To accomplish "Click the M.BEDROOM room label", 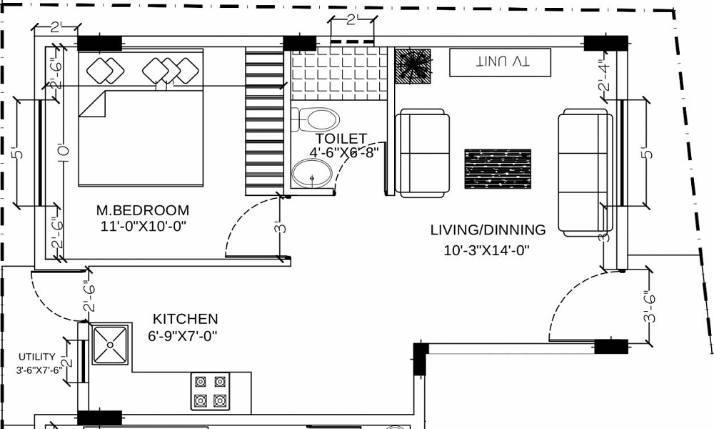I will (x=143, y=210).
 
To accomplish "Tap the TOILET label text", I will (x=341, y=138).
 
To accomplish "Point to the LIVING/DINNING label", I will (x=488, y=230).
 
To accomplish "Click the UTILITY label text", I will (x=37, y=356).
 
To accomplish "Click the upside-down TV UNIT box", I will (x=501, y=63).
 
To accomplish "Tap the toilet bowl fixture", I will (x=316, y=118).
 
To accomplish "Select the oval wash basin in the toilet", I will (x=312, y=174).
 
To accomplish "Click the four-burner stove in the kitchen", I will (x=210, y=391).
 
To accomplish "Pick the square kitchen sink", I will (x=111, y=345).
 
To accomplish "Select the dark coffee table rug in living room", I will (x=498, y=169).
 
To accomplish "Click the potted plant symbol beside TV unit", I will (x=413, y=66).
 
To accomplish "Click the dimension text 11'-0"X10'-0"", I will (x=143, y=226).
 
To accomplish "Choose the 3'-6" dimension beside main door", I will (x=649, y=305).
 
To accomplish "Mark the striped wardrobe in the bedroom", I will (x=265, y=122).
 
